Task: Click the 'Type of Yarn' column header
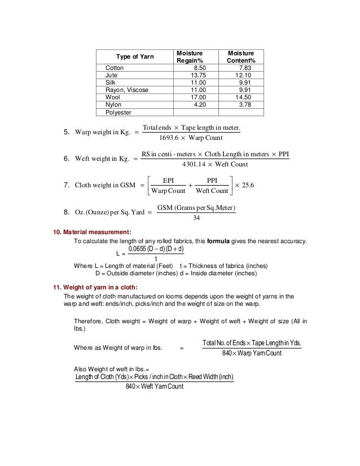[x=134, y=56]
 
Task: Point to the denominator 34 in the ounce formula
[x=196, y=218]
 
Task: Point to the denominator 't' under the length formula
[x=155, y=259]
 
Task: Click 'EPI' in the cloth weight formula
[x=168, y=180]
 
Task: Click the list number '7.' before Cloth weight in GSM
[x=66, y=184]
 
